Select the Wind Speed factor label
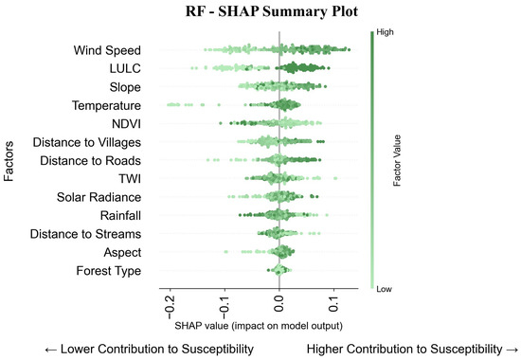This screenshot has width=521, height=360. click(x=107, y=50)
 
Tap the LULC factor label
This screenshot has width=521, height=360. click(x=122, y=69)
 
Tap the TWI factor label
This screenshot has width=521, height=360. click(x=127, y=179)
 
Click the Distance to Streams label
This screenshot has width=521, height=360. click(x=86, y=234)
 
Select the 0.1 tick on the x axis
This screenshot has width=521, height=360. click(x=334, y=305)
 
